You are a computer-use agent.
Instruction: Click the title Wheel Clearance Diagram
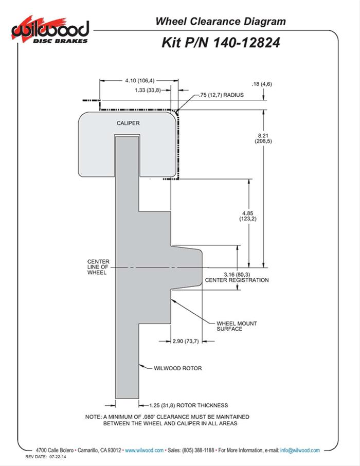pos(220,22)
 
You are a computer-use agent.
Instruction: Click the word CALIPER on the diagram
pos(128,123)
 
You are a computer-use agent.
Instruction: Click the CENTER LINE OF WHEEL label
pos(97,267)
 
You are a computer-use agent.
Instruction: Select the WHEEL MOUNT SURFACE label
pos(237,326)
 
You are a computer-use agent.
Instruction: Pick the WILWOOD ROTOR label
pos(177,368)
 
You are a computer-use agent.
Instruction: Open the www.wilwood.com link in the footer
pos(144,450)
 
